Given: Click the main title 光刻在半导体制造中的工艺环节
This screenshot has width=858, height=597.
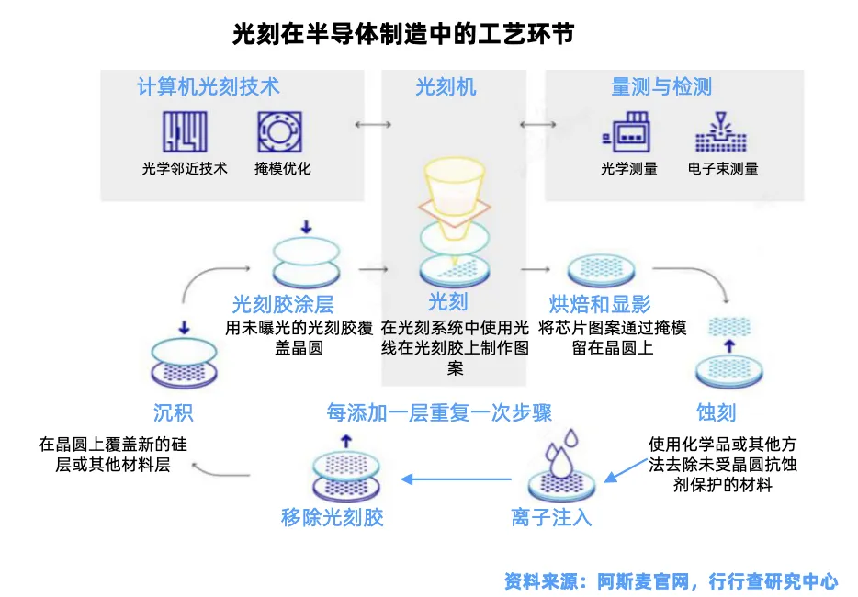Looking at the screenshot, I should pyautogui.click(x=404, y=35).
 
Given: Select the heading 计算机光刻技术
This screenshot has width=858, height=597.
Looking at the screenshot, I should pyautogui.click(x=209, y=87).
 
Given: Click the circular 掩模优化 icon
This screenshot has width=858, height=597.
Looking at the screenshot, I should pyautogui.click(x=278, y=132).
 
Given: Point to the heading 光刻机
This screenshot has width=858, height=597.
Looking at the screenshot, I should pyautogui.click(x=446, y=87).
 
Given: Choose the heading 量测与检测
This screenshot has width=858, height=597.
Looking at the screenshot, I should pyautogui.click(x=661, y=87).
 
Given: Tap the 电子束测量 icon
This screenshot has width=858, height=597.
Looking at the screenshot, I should pyautogui.click(x=721, y=134).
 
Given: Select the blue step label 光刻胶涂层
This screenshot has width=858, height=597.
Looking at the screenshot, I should pyautogui.click(x=283, y=304).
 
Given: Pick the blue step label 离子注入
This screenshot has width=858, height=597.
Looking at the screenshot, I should pyautogui.click(x=551, y=517).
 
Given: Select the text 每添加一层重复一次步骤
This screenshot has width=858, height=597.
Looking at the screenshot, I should pyautogui.click(x=439, y=411).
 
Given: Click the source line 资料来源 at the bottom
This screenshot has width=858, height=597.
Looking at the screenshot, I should pyautogui.click(x=671, y=580).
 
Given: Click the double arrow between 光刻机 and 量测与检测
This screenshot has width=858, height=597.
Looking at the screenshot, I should pyautogui.click(x=533, y=125).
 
